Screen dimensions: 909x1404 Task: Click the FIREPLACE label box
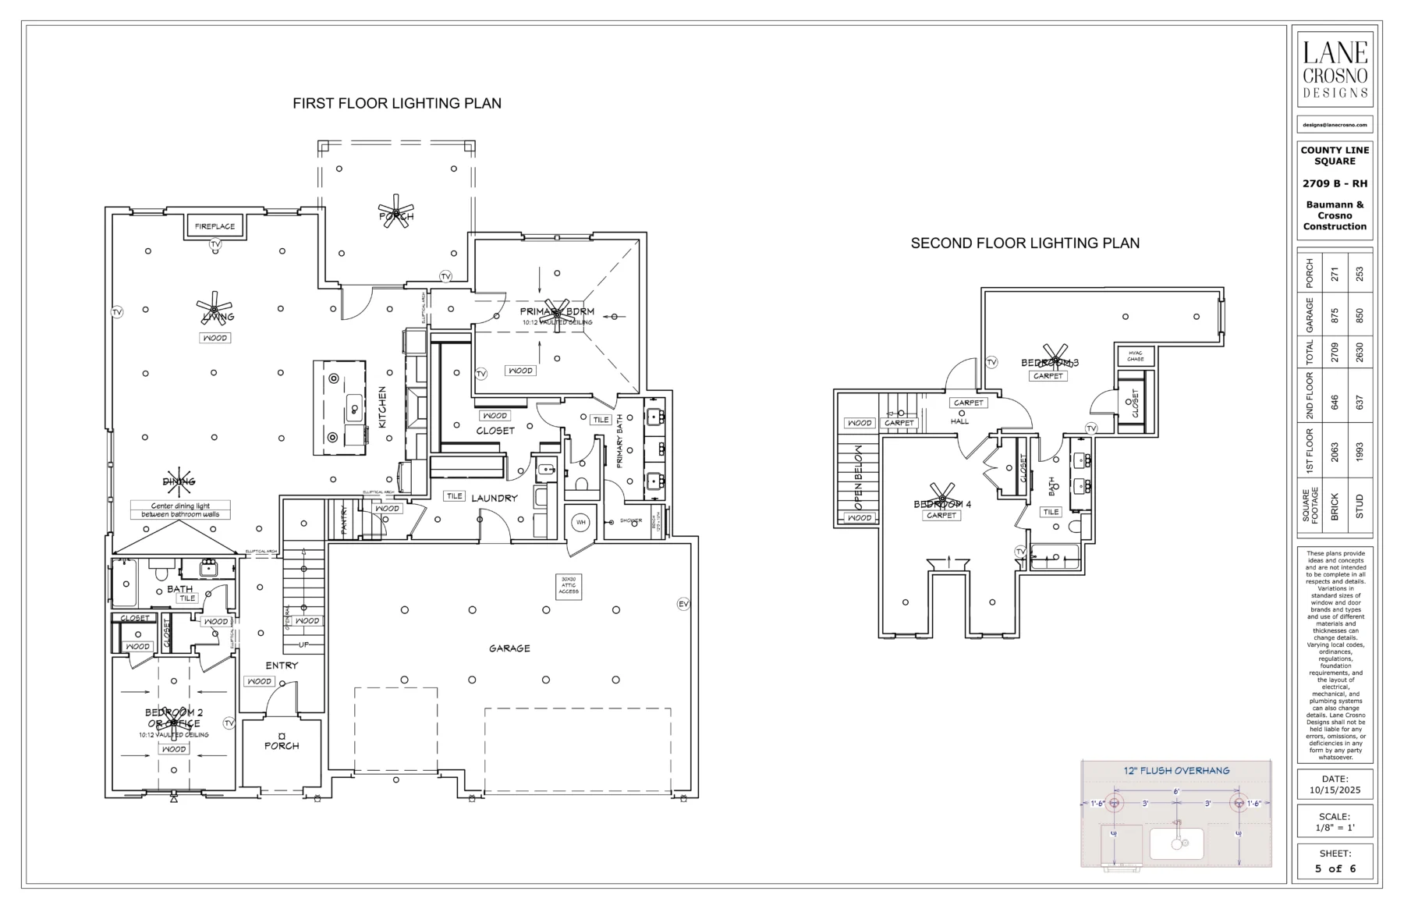coord(214,226)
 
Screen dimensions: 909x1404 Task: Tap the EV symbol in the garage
coord(683,604)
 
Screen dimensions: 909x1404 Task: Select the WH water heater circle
coord(581,522)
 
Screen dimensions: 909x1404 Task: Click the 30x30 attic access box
coord(569,586)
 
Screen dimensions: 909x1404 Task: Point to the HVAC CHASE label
coord(1136,356)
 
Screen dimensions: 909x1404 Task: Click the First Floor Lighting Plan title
coord(396,103)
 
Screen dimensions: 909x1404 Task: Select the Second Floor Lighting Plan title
coord(1025,243)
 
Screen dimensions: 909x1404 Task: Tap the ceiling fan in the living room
coord(214,307)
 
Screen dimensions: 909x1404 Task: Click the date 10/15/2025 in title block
coord(1335,790)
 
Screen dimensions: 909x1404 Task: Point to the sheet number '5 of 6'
coord(1335,868)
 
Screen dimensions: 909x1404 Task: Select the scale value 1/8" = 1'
coord(1335,828)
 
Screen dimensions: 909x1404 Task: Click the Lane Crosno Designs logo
coord(1335,70)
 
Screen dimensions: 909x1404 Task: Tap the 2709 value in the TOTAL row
coord(1335,351)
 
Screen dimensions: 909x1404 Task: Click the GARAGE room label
coord(509,648)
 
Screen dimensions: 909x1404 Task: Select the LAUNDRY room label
coord(495,498)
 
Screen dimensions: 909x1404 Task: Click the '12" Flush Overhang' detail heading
coord(1176,770)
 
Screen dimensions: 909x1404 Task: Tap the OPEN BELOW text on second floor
coord(858,478)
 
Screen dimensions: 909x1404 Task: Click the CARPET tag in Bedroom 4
coord(941,515)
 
